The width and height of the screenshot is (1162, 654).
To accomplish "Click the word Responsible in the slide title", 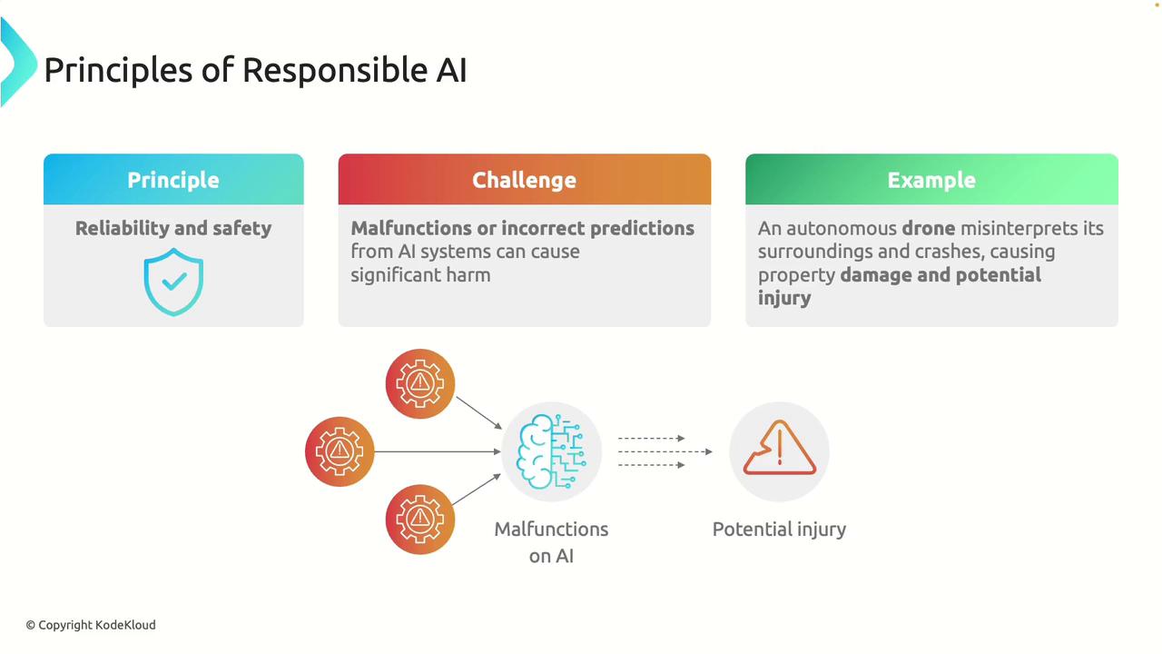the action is coord(335,70).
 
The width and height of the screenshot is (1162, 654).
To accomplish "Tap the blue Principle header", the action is coord(173,179).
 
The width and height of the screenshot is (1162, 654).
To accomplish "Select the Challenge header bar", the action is coord(525,179).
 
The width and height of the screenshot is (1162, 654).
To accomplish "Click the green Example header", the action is coord(931,179).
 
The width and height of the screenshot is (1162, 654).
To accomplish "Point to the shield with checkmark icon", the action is coord(173,282).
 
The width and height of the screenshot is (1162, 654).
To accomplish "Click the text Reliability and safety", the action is coord(173,228).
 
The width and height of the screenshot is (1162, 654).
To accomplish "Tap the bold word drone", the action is coord(929,228).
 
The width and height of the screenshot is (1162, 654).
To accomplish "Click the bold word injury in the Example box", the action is coord(783,299).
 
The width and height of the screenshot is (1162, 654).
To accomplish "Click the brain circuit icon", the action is coord(551,451).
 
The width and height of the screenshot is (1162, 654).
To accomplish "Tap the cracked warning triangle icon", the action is coord(779,448).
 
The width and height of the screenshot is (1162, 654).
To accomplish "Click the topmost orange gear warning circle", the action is coord(420,383).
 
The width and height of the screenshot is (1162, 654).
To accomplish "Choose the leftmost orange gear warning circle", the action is coord(340,451).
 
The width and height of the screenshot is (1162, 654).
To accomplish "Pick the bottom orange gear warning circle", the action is coord(420,519).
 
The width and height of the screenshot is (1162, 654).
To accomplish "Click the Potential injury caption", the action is coord(779,530).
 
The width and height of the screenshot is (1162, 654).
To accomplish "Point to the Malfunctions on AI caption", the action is coord(551,542).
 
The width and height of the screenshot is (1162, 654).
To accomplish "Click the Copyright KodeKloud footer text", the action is coord(91,625).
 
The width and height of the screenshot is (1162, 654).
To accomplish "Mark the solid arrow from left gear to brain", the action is coord(438,451).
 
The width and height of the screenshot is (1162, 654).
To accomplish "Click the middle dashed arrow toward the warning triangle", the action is coord(665,451).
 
